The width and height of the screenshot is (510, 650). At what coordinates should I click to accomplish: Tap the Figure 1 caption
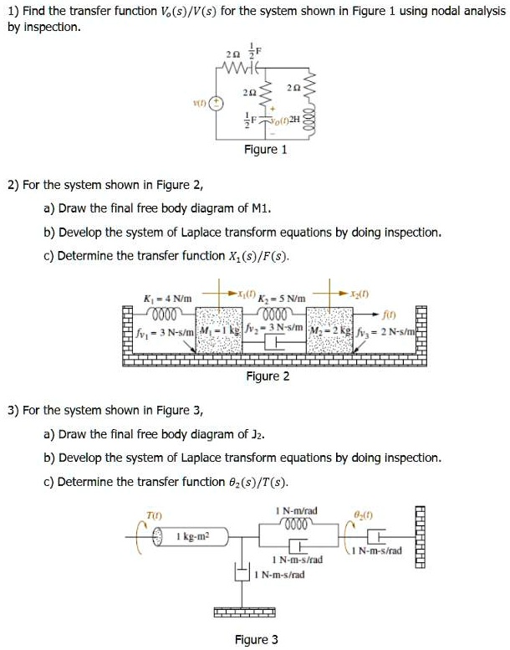tap(265, 150)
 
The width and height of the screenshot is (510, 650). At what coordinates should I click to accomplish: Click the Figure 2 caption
tap(268, 376)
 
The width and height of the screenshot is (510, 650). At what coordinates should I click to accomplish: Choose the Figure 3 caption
tap(257, 640)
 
